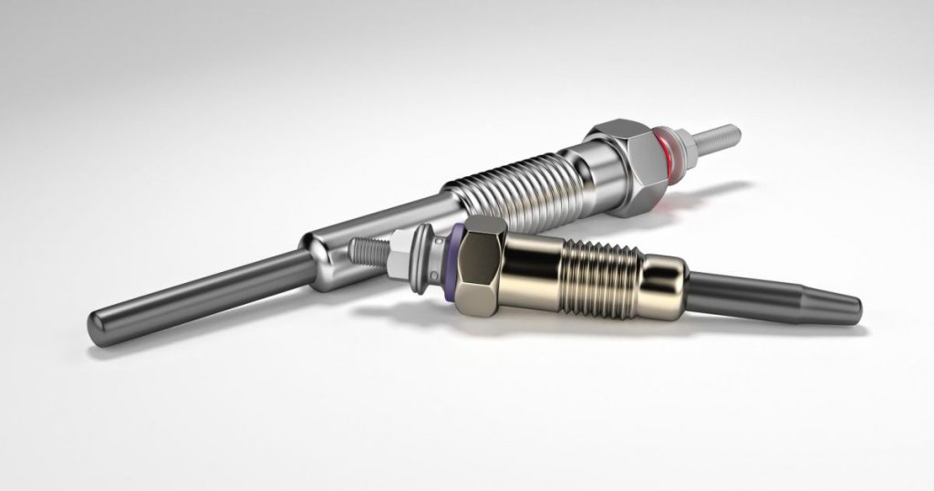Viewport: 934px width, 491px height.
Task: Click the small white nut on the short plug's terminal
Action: [x=398, y=252]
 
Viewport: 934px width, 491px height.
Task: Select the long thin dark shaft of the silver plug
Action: [x=210, y=291]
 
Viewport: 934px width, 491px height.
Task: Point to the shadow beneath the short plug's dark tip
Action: [x=784, y=324]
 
